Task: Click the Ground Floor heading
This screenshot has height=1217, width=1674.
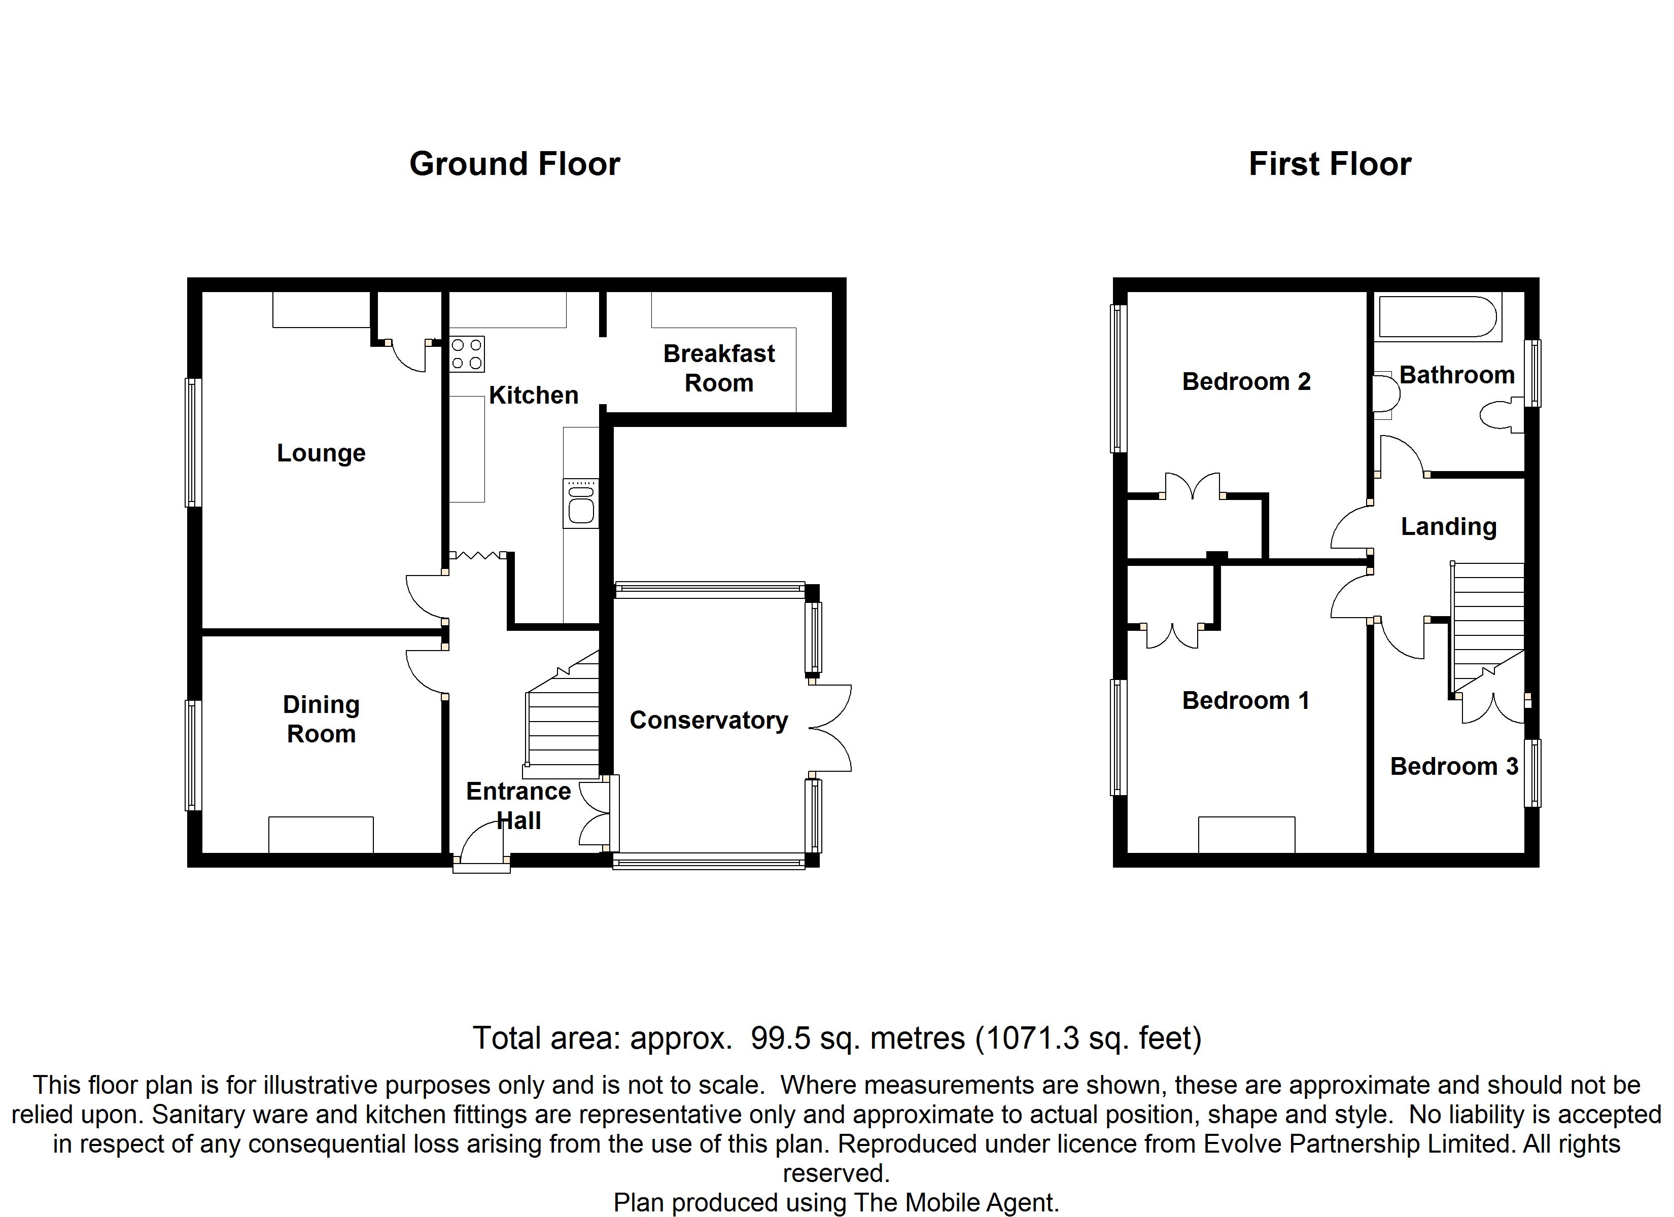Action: [514, 164]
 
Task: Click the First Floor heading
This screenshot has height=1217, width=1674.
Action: [1330, 164]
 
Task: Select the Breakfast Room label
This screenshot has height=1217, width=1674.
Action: [719, 368]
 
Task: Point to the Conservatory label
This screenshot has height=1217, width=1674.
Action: [709, 720]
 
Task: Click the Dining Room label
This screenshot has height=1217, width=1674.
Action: [321, 719]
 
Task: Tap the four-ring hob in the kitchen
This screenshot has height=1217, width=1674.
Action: [467, 353]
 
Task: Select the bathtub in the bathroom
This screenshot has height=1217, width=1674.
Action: [1438, 317]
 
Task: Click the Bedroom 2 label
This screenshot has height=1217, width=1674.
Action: [1246, 381]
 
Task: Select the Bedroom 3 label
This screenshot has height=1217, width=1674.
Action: [1453, 766]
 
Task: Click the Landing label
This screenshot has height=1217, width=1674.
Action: [1448, 526]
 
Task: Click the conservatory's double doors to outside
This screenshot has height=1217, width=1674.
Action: [830, 729]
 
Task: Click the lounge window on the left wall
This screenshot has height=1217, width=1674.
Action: [193, 443]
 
